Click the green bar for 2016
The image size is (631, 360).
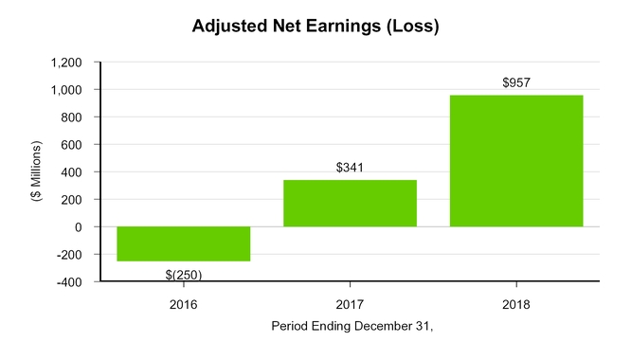(184, 243)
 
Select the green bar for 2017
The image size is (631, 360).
(350, 203)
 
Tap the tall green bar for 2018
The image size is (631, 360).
(516, 161)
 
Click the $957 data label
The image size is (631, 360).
(516, 82)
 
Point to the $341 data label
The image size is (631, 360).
(350, 168)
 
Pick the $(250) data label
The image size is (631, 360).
(183, 275)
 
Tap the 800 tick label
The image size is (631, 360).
(72, 117)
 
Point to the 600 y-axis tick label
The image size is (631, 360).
(72, 145)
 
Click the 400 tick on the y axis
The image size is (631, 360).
(72, 172)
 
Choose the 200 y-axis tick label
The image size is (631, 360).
(72, 200)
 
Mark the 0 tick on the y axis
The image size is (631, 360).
(79, 227)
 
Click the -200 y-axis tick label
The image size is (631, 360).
(70, 255)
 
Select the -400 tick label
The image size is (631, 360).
(70, 282)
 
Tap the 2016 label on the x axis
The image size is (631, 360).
(183, 305)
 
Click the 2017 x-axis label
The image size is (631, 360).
(350, 305)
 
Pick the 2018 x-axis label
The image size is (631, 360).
(516, 305)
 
